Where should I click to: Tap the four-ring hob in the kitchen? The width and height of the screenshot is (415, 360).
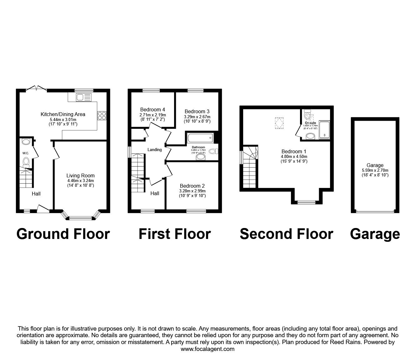pyautogui.click(x=102, y=116)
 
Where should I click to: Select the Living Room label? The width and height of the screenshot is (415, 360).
pyautogui.click(x=80, y=176)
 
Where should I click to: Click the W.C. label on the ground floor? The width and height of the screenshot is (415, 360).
pyautogui.click(x=26, y=153)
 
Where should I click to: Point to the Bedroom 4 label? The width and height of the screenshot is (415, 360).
pyautogui.click(x=152, y=109)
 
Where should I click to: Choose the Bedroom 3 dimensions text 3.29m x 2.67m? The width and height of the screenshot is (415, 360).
pyautogui.click(x=197, y=117)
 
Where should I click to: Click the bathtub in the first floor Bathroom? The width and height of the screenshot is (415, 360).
pyautogui.click(x=200, y=137)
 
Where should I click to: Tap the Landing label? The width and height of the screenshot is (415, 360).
pyautogui.click(x=155, y=150)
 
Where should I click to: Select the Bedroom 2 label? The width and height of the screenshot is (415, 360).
pyautogui.click(x=192, y=185)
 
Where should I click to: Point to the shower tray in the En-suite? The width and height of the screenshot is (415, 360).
pyautogui.click(x=324, y=130)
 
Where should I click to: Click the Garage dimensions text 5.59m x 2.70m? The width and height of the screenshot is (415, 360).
pyautogui.click(x=375, y=170)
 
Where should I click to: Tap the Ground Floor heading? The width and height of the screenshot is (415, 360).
pyautogui.click(x=63, y=234)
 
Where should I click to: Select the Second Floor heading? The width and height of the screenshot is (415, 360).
pyautogui.click(x=286, y=234)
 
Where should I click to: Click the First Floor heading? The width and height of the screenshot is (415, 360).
pyautogui.click(x=175, y=234)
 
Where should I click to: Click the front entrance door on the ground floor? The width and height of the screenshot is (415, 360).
pyautogui.click(x=43, y=209)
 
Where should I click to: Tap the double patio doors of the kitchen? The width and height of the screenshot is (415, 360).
pyautogui.click(x=36, y=89)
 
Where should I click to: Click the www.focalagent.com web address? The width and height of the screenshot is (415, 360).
pyautogui.click(x=207, y=349)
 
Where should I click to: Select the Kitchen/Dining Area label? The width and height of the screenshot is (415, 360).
pyautogui.click(x=63, y=114)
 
